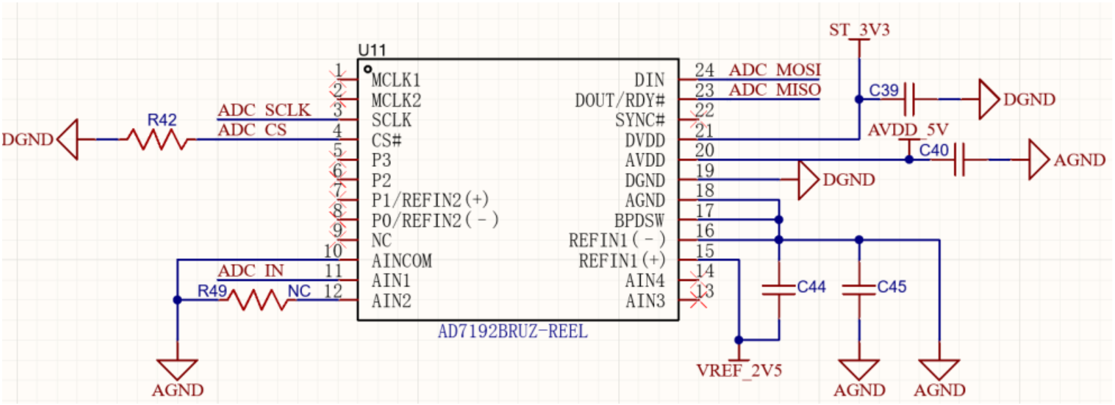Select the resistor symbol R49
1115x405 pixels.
click(258, 300)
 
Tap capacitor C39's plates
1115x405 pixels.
click(909, 99)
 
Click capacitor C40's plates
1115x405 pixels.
click(959, 160)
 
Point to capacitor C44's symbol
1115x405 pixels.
click(779, 290)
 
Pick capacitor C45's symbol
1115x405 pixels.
click(859, 290)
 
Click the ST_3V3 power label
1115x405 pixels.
click(859, 30)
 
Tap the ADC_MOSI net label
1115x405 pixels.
click(774, 70)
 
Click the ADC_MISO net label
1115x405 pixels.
click(774, 90)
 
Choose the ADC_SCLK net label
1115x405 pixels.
click(264, 110)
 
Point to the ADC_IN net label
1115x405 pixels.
click(250, 271)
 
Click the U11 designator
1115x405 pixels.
click(371, 50)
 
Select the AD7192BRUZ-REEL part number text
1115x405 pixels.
click(513, 332)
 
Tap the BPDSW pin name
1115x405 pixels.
click(639, 220)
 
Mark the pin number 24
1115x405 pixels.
click(704, 70)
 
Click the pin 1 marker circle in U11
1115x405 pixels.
click(368, 69)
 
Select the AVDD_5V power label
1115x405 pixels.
click(908, 130)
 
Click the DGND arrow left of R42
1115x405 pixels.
click(68, 140)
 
